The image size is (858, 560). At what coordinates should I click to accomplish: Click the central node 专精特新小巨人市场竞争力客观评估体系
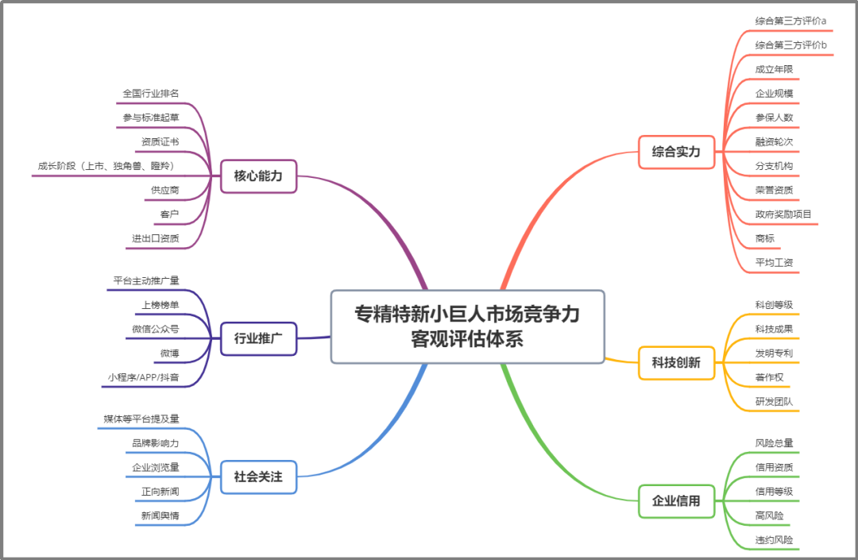pos(467,326)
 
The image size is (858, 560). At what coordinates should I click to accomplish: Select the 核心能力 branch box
pos(258,176)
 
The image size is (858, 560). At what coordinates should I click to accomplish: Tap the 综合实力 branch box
pos(677,152)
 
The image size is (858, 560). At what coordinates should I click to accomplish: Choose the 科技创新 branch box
pos(677,362)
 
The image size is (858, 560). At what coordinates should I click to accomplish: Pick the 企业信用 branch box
pos(677,501)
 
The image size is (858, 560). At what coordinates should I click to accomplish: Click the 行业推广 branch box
pos(258,339)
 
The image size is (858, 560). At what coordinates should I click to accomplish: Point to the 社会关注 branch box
pos(258,477)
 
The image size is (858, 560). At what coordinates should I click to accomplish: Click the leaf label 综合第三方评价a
pos(790,21)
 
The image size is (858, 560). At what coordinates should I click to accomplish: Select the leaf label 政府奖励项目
pos(783,214)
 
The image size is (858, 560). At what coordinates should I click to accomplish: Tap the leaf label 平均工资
pos(774,262)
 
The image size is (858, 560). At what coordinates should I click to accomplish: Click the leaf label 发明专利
pos(774,353)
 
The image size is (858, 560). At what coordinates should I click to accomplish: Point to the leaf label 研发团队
pos(774,401)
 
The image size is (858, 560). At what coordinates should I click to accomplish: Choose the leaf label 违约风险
pos(774,540)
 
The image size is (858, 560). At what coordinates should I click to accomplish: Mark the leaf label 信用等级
pos(774,492)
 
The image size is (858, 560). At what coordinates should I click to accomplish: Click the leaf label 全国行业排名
pos(151,94)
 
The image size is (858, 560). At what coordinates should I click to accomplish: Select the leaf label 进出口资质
pos(156,238)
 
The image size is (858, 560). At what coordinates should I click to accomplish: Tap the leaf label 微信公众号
pos(156,329)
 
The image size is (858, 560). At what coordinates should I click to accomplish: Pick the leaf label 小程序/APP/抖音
pos(144,377)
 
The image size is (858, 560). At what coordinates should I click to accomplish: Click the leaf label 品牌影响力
pos(156,443)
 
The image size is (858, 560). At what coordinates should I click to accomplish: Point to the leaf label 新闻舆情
pos(160,516)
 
